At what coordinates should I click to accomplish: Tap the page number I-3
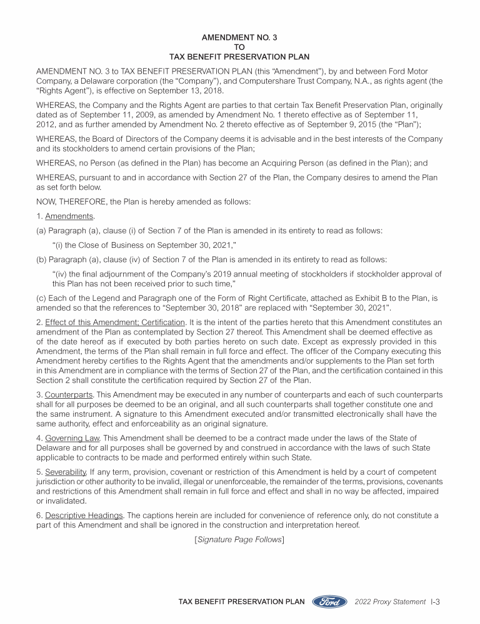pos(436,602)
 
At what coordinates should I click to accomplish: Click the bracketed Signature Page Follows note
pos(240,539)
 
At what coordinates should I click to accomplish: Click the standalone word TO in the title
pos(240,46)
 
